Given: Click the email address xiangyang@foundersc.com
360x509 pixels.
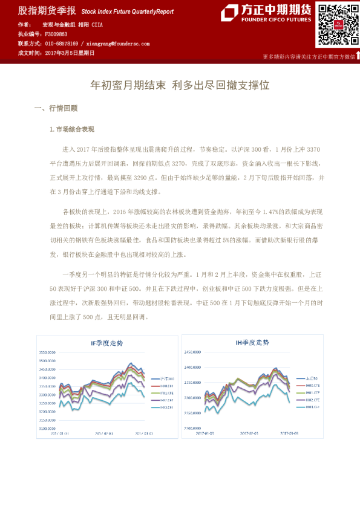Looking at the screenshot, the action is click(118, 44).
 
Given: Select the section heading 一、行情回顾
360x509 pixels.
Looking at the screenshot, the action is click(56, 109).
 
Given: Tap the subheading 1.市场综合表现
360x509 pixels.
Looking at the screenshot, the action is click(71, 129).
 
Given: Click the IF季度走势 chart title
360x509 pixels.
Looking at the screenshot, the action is click(106, 343).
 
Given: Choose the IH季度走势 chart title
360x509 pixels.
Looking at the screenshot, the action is click(252, 343).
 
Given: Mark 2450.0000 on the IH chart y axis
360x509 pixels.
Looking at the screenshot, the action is click(193, 351).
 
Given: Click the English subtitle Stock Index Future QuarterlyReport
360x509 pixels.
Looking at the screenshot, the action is click(127, 11).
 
